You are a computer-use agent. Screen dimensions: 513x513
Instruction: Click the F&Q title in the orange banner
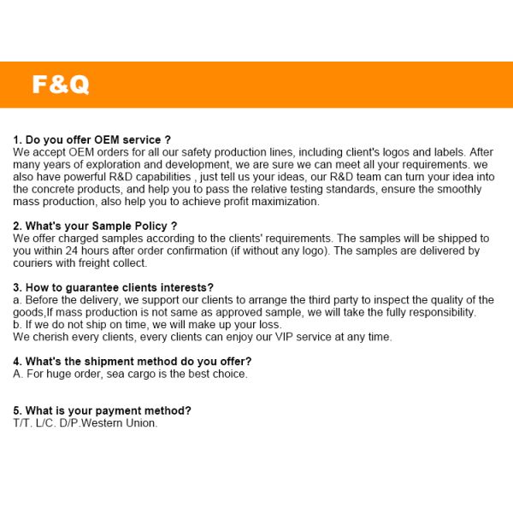point(60,85)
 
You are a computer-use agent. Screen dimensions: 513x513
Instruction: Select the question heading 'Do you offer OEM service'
point(92,139)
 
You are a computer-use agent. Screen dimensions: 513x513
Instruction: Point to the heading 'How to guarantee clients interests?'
point(113,287)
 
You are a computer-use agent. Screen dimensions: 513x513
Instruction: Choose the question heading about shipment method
point(132,361)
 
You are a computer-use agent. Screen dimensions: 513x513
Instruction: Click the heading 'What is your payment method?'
point(102,410)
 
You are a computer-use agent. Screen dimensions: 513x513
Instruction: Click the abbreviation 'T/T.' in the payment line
point(21,423)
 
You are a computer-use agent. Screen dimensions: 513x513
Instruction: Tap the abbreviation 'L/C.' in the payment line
point(45,423)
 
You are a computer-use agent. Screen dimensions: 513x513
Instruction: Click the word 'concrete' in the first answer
point(53,189)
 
